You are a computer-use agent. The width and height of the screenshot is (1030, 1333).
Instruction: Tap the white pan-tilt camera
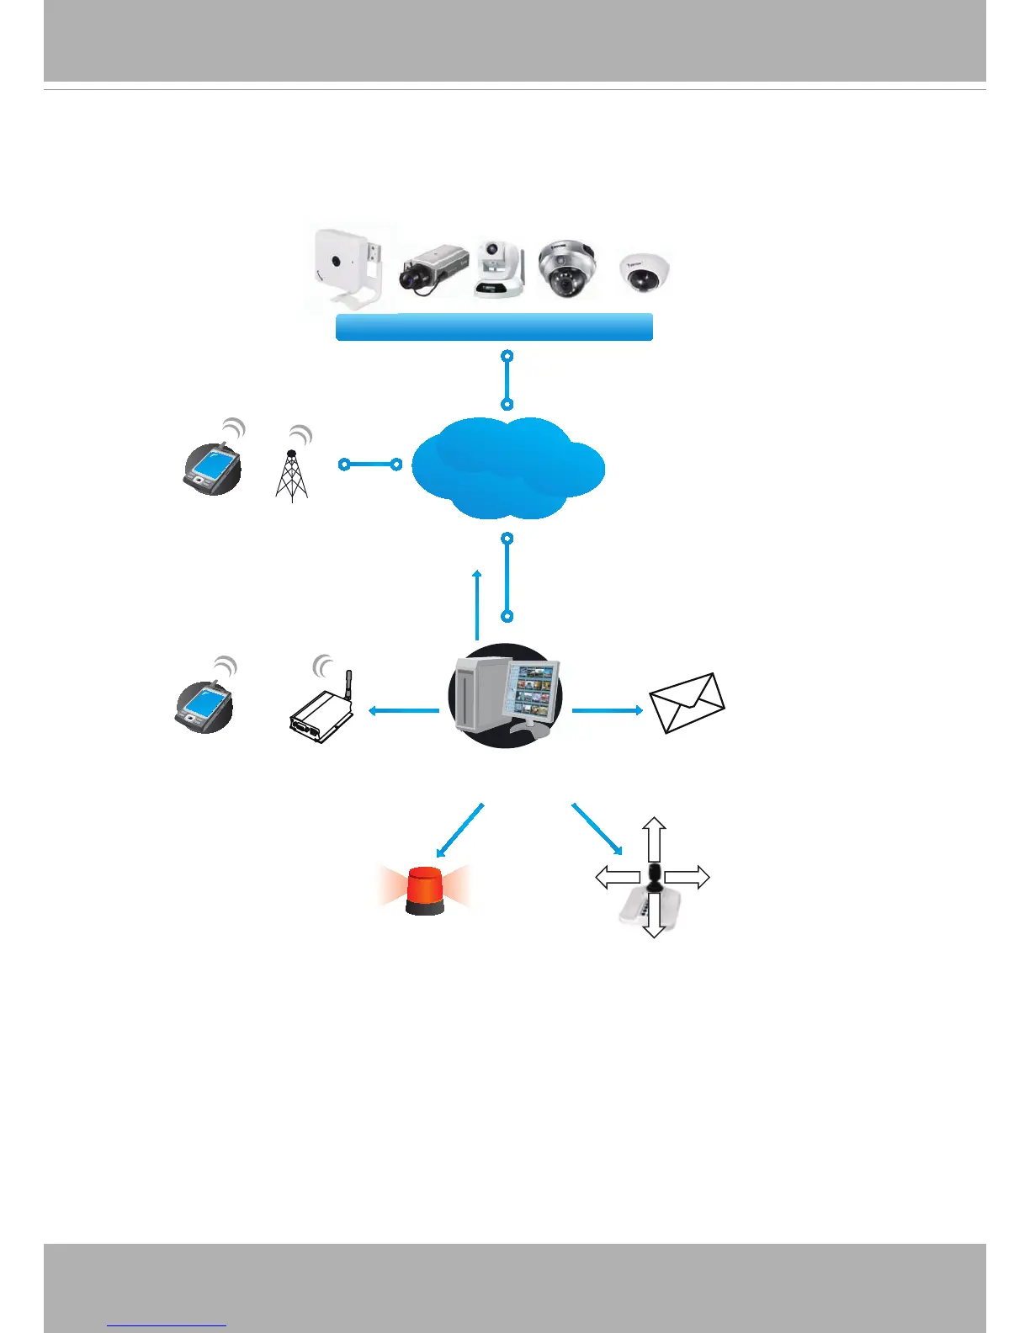[x=498, y=268]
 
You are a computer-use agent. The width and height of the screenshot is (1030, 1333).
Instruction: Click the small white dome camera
[x=645, y=271]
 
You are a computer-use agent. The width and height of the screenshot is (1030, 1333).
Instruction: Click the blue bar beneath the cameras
[x=494, y=327]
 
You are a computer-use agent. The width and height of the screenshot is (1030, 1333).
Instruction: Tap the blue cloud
[x=507, y=468]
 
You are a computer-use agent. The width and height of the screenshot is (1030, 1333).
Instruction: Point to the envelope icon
[x=687, y=703]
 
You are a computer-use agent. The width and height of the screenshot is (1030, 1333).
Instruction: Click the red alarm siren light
[x=425, y=891]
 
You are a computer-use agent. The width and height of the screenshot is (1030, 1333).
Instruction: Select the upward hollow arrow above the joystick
[x=655, y=836]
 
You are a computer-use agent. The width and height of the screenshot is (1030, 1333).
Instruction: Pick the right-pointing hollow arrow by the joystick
[x=688, y=878]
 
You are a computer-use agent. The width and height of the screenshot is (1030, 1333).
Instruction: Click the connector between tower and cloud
[x=370, y=465]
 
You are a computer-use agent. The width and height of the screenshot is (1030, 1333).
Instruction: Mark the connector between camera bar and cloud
[x=507, y=380]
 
